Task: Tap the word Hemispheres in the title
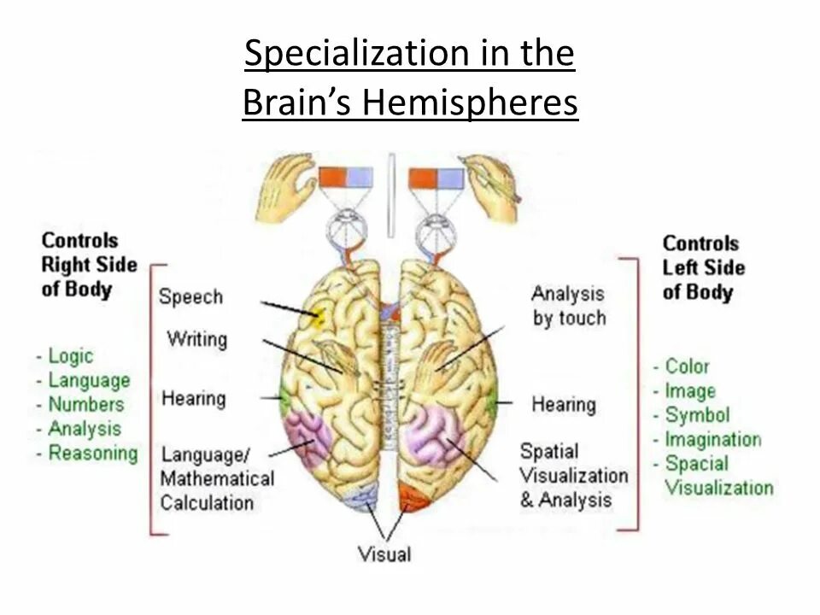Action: [471, 104]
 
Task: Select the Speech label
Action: [190, 297]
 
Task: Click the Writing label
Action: [197, 339]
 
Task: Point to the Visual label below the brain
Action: [384, 553]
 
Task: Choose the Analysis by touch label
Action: [568, 306]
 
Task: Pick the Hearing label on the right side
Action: [564, 403]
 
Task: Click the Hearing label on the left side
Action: [194, 398]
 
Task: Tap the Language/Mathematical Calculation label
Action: [217, 477]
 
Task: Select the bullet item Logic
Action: [70, 356]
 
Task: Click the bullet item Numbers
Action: [85, 405]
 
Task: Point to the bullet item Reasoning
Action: [92, 454]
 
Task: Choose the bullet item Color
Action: [687, 366]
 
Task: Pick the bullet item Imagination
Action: [712, 440]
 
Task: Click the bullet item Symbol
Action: [697, 415]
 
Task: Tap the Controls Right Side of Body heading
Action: [89, 265]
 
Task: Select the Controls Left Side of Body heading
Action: [703, 267]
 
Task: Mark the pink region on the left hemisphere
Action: [307, 434]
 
